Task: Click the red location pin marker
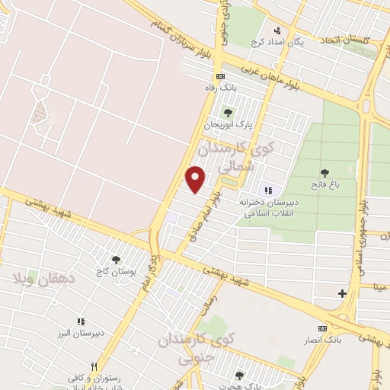(197, 178)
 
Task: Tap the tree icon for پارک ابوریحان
(229, 113)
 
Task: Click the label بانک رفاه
(221, 88)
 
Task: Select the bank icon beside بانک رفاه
(221, 76)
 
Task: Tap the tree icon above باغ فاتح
(326, 173)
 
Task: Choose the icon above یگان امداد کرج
(278, 30)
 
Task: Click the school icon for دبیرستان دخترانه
(267, 190)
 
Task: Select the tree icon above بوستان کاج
(116, 260)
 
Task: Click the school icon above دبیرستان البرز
(82, 322)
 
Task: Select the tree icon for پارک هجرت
(240, 375)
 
